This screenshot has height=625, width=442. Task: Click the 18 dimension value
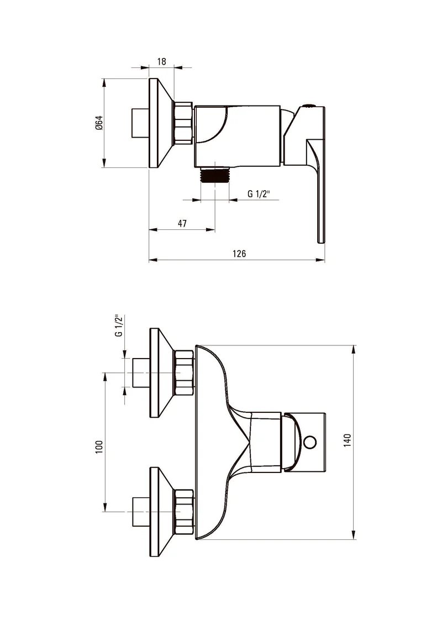(x=161, y=61)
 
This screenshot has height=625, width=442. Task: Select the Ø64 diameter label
(x=99, y=122)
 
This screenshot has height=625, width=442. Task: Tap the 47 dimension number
(x=182, y=223)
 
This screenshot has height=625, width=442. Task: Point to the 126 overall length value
(x=239, y=254)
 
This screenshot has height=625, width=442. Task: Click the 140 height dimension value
(x=347, y=440)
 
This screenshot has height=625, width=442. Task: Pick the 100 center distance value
(x=99, y=447)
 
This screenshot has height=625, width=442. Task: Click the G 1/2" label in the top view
(x=259, y=194)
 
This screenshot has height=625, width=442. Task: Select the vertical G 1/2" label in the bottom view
(x=119, y=325)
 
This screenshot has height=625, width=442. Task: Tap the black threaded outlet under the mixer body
(x=215, y=175)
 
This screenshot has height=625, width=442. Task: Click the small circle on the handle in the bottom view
(x=310, y=442)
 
